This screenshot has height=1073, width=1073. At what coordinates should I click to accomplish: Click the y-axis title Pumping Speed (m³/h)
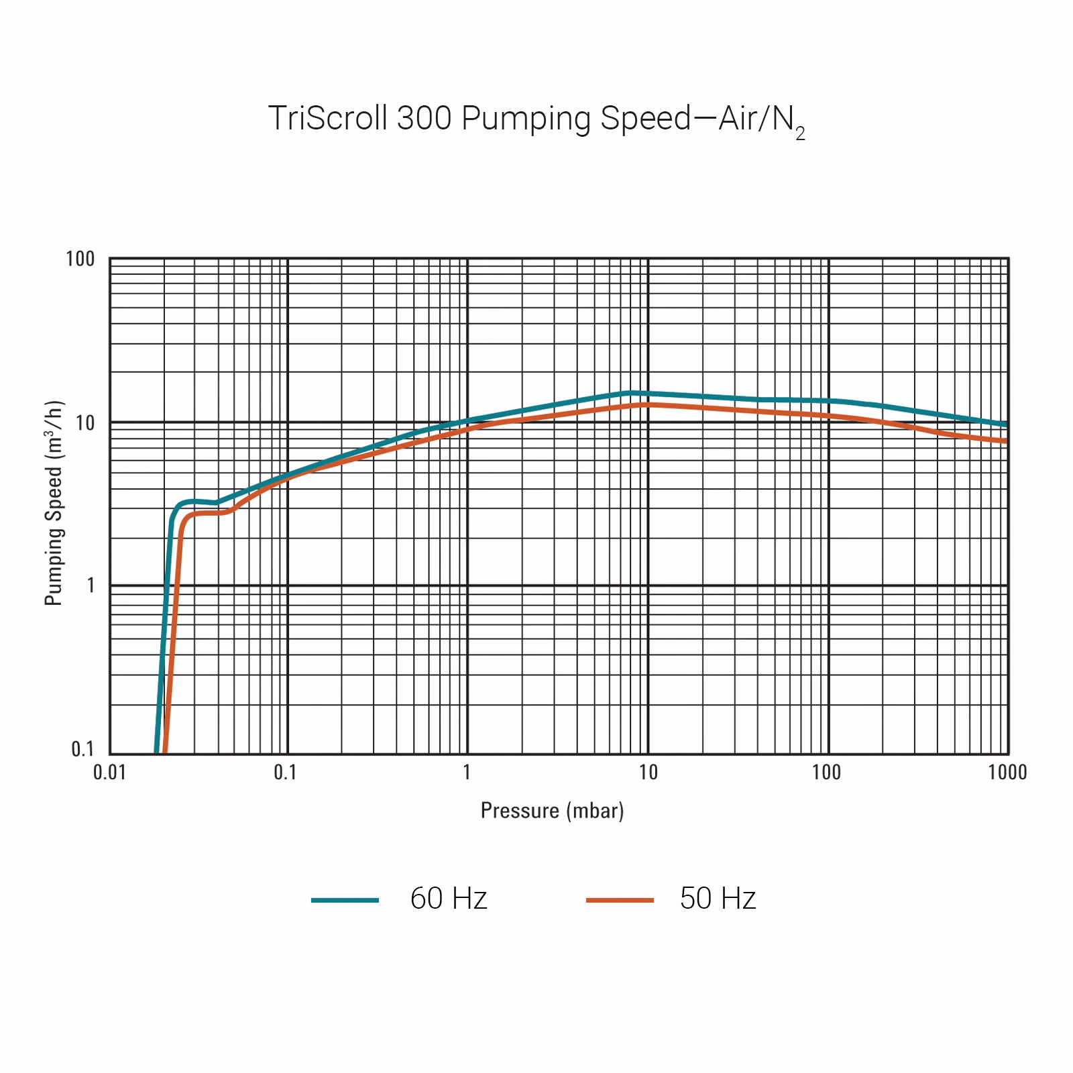point(54,503)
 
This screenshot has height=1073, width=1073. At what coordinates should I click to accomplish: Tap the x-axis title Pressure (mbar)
point(552,811)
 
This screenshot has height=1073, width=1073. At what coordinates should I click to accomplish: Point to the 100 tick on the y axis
point(80,259)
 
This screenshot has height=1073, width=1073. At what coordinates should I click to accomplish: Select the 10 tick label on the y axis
point(84,423)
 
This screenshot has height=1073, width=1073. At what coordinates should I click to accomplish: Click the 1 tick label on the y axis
point(91,585)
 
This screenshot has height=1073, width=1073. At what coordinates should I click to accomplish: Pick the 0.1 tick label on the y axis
point(82,749)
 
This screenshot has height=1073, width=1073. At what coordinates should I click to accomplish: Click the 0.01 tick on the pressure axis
point(109,773)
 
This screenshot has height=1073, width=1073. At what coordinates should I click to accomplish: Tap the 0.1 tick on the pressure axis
point(285,773)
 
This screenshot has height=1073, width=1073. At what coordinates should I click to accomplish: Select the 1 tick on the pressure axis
point(467,773)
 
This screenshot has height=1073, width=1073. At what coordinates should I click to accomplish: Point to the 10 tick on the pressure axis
point(648,773)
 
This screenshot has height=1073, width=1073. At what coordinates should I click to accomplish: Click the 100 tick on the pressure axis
point(826,773)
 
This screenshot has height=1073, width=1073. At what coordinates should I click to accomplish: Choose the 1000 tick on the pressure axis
point(1007,773)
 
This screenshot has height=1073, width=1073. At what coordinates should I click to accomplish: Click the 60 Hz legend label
point(448,899)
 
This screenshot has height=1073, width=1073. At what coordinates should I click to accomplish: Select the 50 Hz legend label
point(718,899)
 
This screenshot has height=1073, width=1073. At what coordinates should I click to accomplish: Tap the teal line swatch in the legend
point(345,900)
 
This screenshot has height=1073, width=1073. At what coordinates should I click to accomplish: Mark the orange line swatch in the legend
point(620,900)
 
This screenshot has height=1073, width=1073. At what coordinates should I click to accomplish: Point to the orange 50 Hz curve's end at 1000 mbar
point(1005,441)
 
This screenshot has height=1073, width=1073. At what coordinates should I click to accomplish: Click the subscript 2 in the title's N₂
point(800,134)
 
